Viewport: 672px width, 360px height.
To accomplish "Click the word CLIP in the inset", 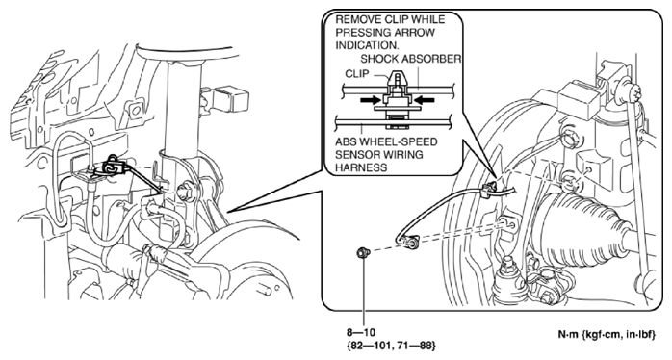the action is [356, 74].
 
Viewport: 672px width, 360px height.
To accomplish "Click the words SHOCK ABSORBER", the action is [410, 59].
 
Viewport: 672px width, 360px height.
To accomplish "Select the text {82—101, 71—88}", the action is [391, 345].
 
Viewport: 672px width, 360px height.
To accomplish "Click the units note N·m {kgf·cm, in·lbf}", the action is [607, 335].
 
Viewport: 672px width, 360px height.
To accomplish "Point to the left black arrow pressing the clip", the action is [371, 100].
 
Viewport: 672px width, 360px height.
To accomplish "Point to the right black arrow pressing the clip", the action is [425, 100].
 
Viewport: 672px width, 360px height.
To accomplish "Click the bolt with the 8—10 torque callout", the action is [364, 253].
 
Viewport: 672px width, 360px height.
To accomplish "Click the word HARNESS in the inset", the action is [356, 167].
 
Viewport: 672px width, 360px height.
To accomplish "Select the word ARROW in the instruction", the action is [415, 33].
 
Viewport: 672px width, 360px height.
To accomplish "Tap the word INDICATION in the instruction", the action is [367, 45].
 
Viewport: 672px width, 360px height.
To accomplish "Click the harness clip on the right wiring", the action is [489, 190].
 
